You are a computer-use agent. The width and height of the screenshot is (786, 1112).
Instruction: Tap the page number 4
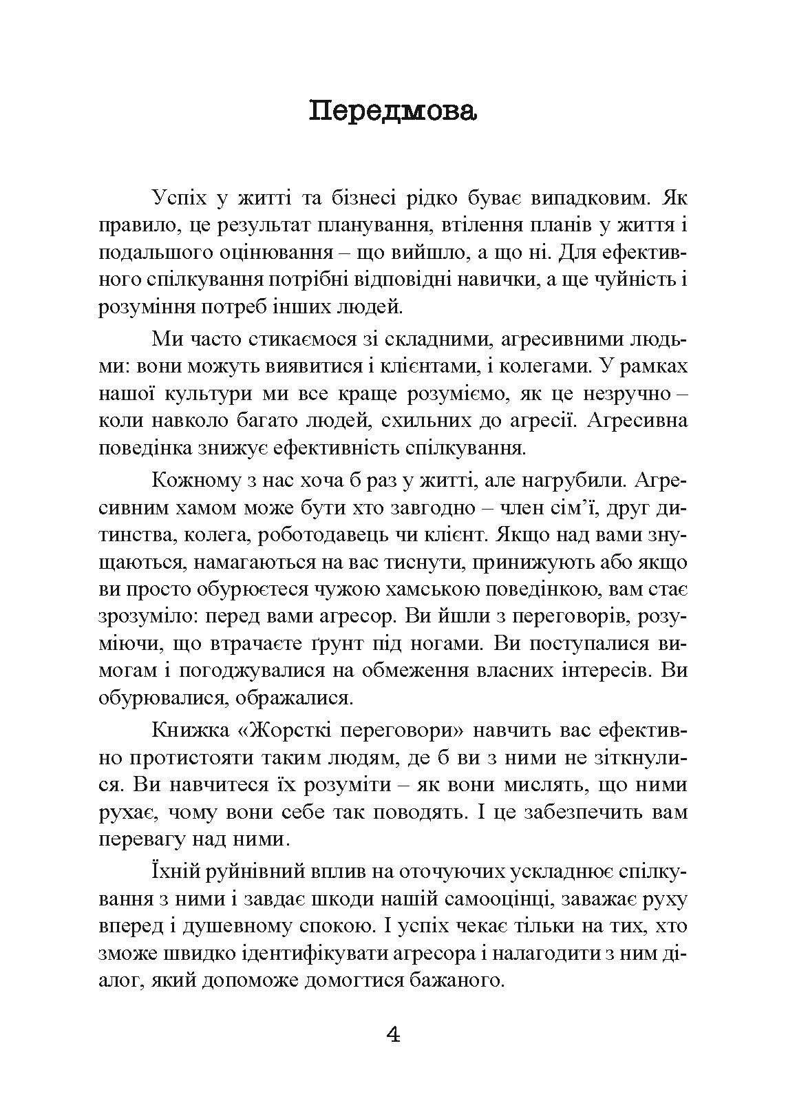(x=394, y=1034)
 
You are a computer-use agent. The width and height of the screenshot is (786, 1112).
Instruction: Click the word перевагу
(x=142, y=839)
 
